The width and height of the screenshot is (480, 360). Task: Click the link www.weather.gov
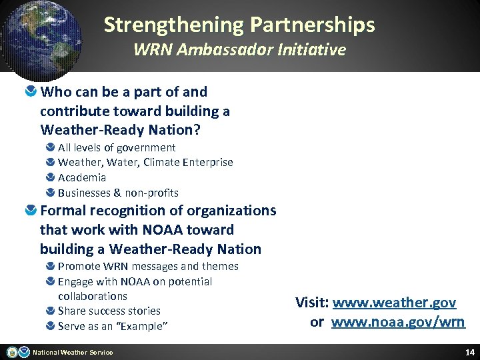(x=394, y=303)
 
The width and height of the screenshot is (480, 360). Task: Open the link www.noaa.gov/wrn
(x=398, y=323)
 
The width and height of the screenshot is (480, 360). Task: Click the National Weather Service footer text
(x=73, y=353)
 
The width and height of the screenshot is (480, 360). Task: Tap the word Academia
(x=82, y=177)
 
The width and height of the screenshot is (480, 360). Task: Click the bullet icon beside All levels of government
(x=51, y=147)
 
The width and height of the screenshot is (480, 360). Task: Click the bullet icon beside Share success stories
(x=51, y=311)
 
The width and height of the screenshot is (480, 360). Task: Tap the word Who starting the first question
(x=55, y=92)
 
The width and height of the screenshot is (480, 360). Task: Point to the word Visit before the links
(x=311, y=303)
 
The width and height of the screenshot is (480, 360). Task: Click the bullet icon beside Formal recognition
(x=31, y=211)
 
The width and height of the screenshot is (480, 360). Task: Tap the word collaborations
(x=92, y=296)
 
